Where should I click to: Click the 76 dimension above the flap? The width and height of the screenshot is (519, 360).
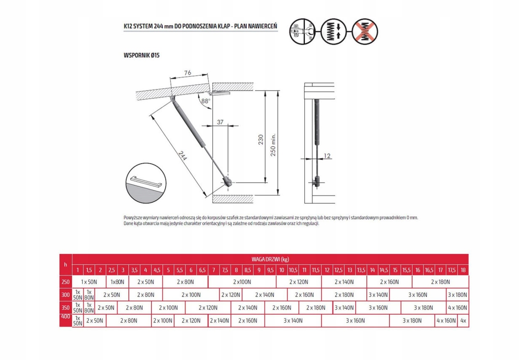click(x=188, y=73)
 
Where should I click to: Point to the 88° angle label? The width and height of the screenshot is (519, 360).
click(x=206, y=101)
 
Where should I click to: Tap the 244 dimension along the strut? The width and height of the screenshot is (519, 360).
click(x=182, y=157)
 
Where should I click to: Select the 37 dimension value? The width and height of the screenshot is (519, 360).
click(x=220, y=122)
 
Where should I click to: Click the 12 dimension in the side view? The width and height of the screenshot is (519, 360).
click(x=328, y=156)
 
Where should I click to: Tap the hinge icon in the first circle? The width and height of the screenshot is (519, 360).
click(x=302, y=32)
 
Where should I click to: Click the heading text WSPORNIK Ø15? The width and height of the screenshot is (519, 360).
click(x=142, y=56)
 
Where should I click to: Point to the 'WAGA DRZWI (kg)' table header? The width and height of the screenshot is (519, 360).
click(x=270, y=259)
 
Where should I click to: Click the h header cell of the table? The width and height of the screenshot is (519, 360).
click(x=66, y=265)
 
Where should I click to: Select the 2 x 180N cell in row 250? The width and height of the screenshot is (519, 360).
click(x=440, y=282)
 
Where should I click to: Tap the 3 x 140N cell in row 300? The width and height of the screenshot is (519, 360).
click(x=378, y=295)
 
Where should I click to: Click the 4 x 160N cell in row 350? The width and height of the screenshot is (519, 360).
click(x=457, y=308)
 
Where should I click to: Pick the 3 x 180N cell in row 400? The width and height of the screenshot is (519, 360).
click(x=412, y=321)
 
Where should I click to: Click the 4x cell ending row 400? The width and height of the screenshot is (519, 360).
click(x=463, y=321)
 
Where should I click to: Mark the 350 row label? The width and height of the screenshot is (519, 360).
click(x=66, y=308)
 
